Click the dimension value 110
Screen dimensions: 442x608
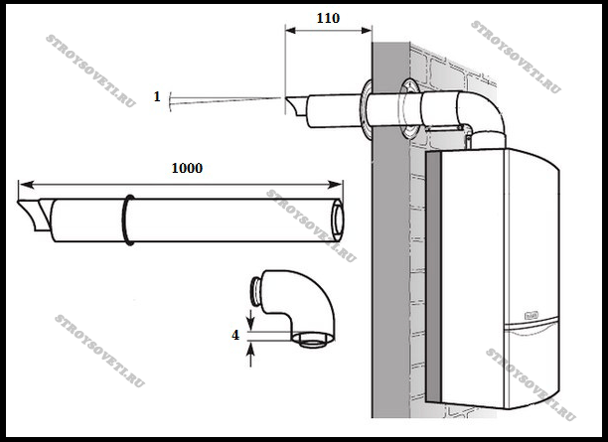click(x=328, y=18)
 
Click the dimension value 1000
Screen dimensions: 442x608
click(x=185, y=168)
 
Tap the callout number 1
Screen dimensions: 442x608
click(x=157, y=96)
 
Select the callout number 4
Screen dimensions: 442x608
click(x=235, y=336)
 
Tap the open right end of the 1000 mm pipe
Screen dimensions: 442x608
click(x=339, y=219)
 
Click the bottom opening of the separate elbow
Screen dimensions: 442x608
click(x=316, y=344)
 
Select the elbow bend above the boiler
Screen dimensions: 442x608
click(x=486, y=109)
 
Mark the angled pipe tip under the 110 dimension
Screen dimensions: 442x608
click(x=294, y=106)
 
